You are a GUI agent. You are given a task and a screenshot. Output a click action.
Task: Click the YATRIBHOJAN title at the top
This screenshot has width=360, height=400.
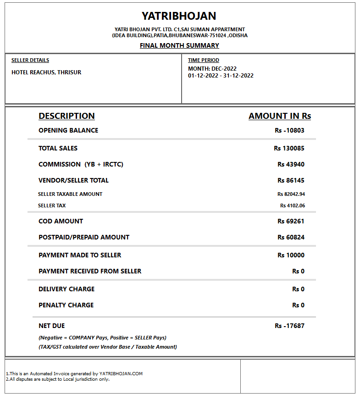click(x=179, y=16)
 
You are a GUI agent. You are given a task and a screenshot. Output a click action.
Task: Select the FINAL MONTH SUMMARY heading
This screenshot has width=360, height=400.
click(x=179, y=45)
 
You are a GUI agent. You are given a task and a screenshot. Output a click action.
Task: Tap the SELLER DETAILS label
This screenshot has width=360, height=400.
click(x=30, y=60)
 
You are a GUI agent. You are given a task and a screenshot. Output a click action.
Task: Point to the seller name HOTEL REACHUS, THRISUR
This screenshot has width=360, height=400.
click(x=46, y=72)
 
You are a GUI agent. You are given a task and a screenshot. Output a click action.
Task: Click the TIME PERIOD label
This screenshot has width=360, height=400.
click(x=204, y=60)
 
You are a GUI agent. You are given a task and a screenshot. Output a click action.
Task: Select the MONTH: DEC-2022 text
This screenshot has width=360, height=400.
click(x=212, y=69)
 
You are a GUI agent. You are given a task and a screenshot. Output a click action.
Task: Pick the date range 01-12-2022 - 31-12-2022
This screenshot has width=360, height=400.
click(x=221, y=76)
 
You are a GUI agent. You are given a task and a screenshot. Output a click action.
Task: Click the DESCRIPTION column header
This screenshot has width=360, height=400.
click(x=66, y=116)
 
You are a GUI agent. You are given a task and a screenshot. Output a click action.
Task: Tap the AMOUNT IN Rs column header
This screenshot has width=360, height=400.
click(x=280, y=116)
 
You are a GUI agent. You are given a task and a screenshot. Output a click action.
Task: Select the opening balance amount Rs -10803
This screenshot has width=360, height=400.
click(x=289, y=130)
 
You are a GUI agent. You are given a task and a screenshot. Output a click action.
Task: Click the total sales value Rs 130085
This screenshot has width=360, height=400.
click(x=289, y=148)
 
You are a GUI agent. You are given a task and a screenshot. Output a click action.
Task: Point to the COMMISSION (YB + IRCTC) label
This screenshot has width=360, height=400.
click(x=81, y=164)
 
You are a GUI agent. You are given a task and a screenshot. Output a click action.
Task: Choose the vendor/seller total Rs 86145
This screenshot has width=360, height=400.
click(x=291, y=180)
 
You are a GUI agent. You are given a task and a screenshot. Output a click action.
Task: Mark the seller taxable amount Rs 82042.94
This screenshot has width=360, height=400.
click(x=291, y=194)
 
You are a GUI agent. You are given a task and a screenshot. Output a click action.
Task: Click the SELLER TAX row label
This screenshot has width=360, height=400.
click(x=52, y=206)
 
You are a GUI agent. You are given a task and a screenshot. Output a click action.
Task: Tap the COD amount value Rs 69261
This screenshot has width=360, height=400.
click(x=291, y=221)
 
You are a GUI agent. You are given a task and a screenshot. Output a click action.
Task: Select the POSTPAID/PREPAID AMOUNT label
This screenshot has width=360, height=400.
click(x=84, y=237)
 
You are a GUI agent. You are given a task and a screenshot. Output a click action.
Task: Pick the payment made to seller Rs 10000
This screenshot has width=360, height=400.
click(x=291, y=255)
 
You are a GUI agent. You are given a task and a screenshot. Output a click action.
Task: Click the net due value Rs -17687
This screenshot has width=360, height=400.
click(x=289, y=326)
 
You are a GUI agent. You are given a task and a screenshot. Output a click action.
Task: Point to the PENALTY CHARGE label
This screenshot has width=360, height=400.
click(x=66, y=305)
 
